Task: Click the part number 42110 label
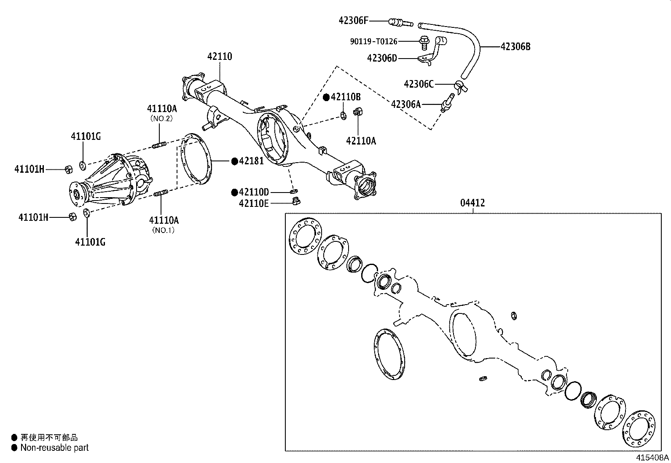pos(220,56)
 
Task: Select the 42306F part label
pos(354,20)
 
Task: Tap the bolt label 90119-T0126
pos(373,41)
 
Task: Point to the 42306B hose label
pos(515,46)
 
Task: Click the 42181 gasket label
pos(251,161)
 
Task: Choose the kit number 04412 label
pos(472,203)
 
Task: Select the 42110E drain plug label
pos(254,203)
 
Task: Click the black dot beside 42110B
pos(326,97)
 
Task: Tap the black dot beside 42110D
pos(234,192)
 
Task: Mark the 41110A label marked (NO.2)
pos(162,108)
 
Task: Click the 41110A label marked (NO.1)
pos(164,220)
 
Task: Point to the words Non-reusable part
pos(54,448)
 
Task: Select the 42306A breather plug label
pos(406,104)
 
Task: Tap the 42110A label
pos(361,141)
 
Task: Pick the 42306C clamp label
pos(419,84)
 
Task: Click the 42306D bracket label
pos(382,58)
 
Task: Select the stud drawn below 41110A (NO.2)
pos(159,146)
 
